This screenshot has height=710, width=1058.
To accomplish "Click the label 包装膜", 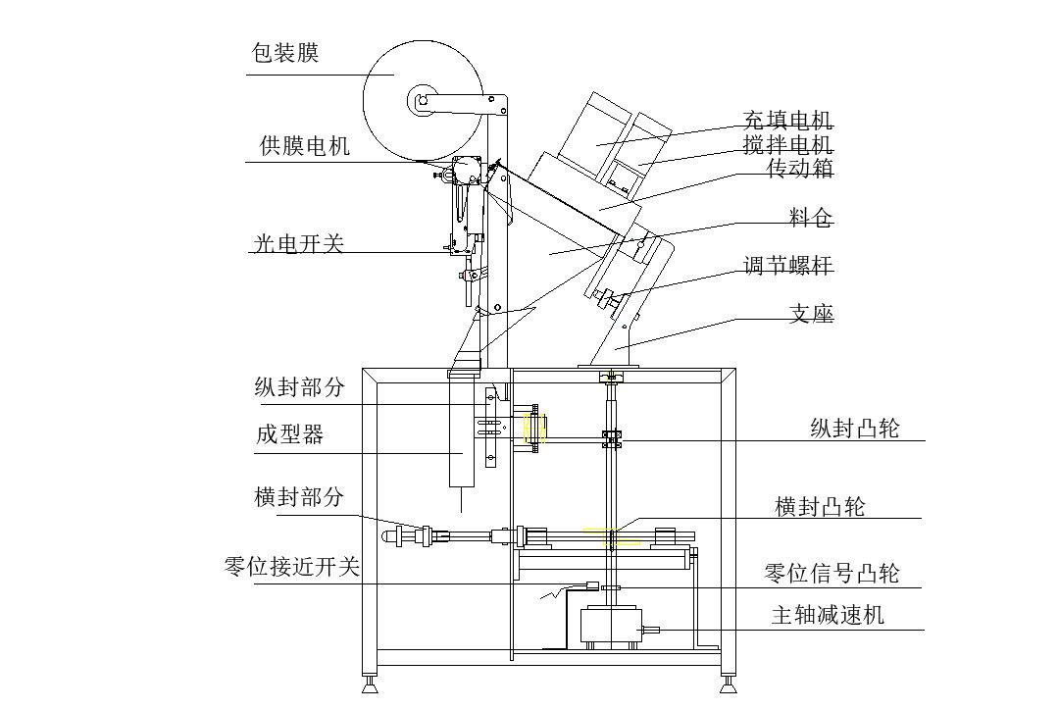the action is point(284,53).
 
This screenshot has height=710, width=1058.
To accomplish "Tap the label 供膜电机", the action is point(305,145).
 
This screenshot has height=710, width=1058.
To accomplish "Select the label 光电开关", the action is point(299,243).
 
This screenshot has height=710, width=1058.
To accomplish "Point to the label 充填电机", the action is point(787,121).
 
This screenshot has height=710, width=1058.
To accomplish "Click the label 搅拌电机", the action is point(787,144).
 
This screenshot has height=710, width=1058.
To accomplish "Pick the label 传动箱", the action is point(799,168).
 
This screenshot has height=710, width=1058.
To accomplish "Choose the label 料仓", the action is point(811,218).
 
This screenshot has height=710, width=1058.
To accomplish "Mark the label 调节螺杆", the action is point(788,265).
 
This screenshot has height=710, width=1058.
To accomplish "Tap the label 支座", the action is point(811,313).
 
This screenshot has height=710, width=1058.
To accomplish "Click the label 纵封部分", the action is point(300,386).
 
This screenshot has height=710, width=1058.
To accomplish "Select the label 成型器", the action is point(289,433).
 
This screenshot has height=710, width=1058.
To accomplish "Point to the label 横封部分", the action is point(299,497).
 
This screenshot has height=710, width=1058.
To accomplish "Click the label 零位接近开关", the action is point(291,566).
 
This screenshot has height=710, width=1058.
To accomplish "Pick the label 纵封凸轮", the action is point(855,428).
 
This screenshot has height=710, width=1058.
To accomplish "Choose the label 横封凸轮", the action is point(820,506).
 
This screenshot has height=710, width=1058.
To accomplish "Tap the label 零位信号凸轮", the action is point(831,573).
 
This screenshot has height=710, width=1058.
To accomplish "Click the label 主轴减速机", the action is point(828,615).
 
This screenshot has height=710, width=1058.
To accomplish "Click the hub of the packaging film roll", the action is point(423,101).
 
